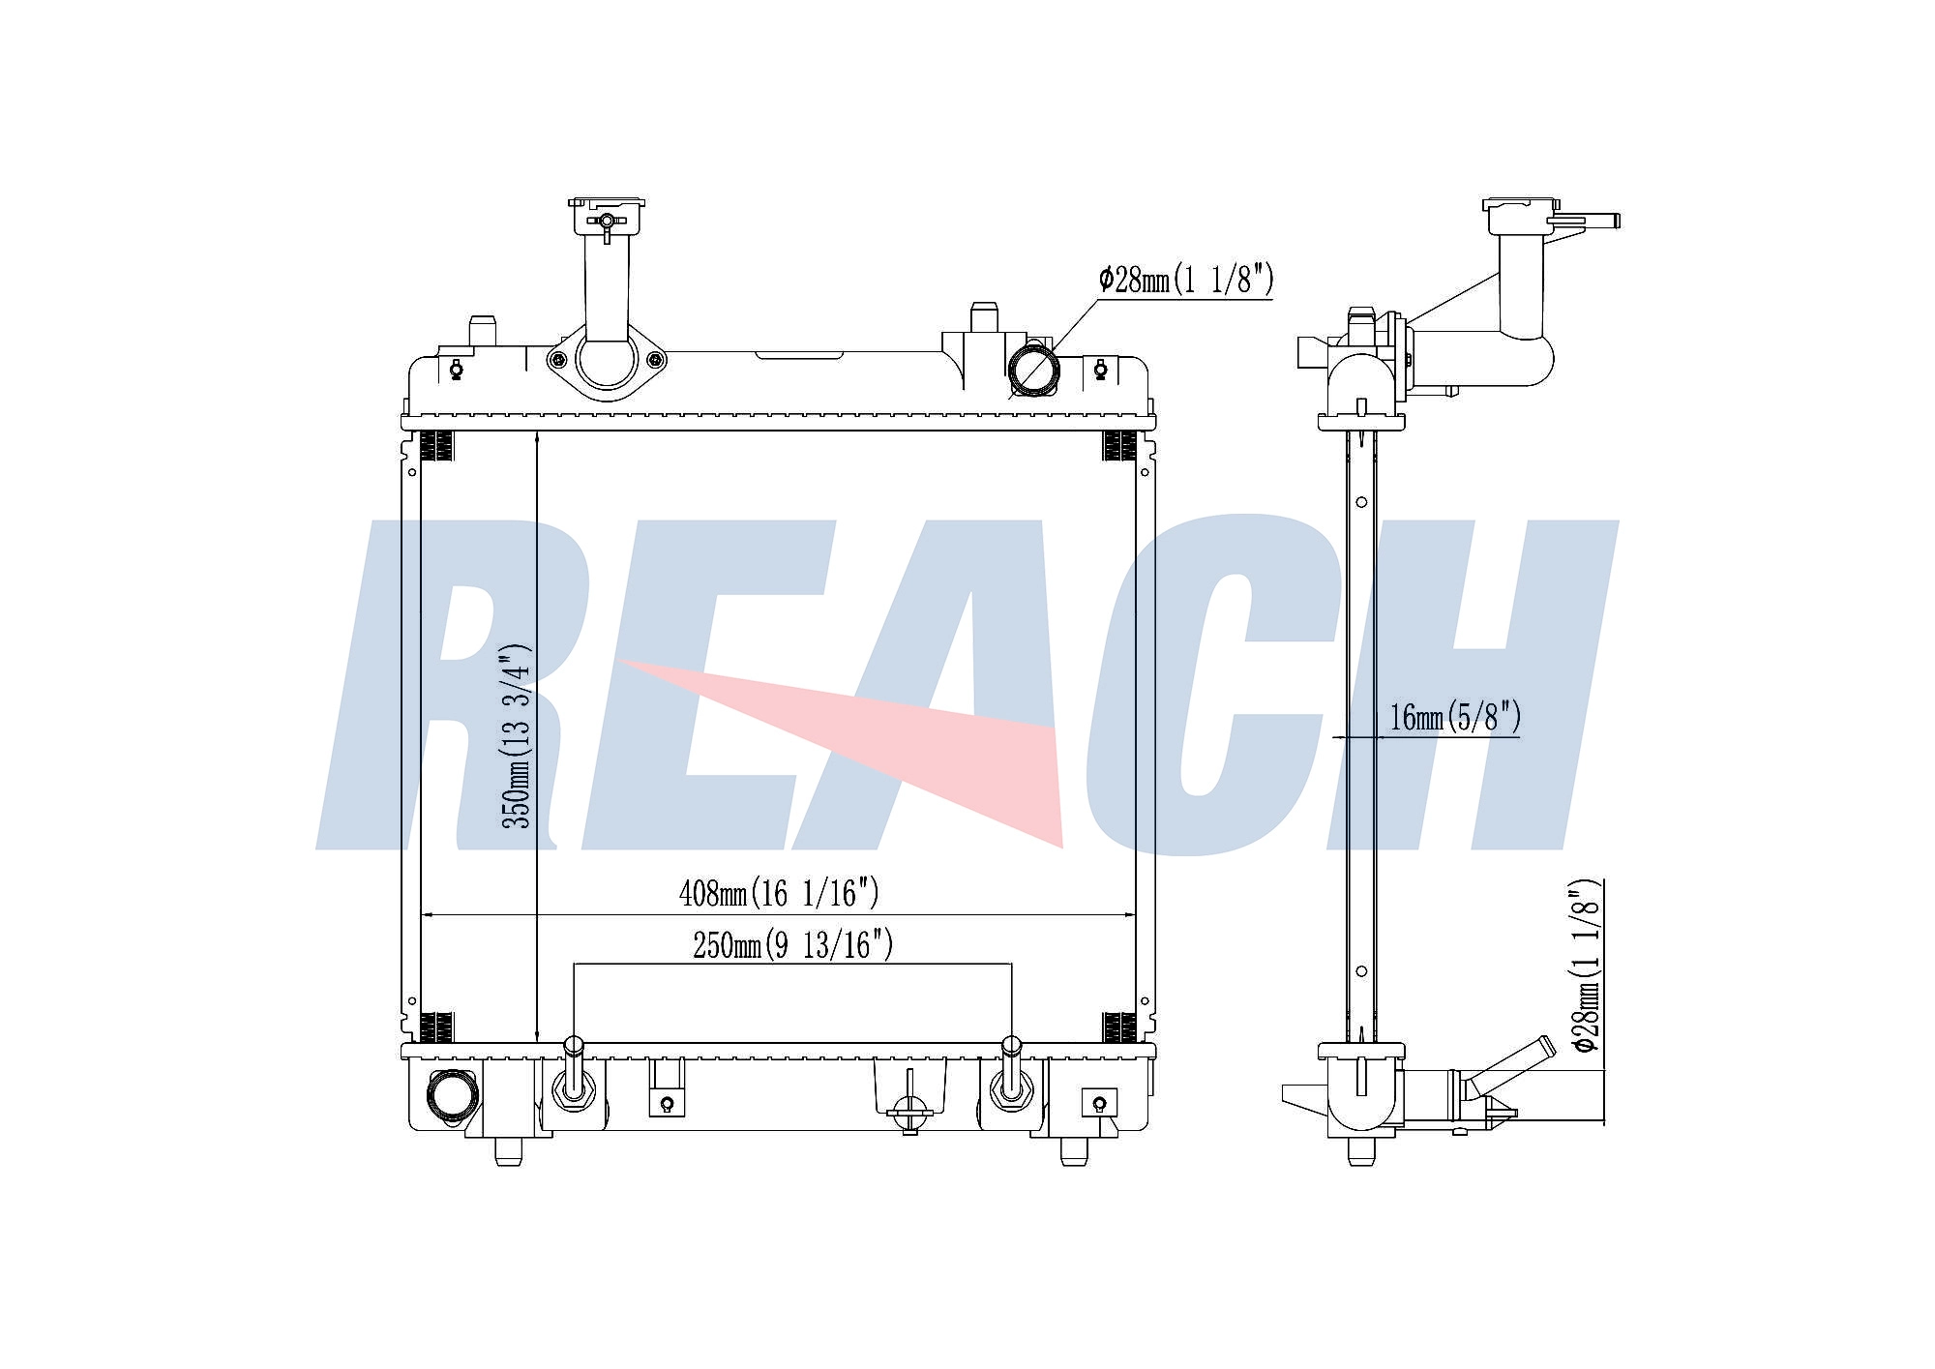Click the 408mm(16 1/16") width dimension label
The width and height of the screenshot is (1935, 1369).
tap(779, 892)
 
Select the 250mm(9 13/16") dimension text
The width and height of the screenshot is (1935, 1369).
tap(792, 944)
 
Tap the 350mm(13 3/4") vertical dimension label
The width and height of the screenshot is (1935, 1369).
tap(517, 735)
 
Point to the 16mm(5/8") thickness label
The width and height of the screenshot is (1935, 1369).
tap(1455, 717)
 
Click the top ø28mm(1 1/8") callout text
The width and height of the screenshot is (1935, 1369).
tap(1186, 280)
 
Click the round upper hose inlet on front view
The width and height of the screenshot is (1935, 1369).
tap(1034, 369)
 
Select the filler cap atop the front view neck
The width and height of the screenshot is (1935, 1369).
tap(607, 216)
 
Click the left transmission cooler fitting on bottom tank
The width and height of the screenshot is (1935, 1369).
tap(573, 1073)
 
